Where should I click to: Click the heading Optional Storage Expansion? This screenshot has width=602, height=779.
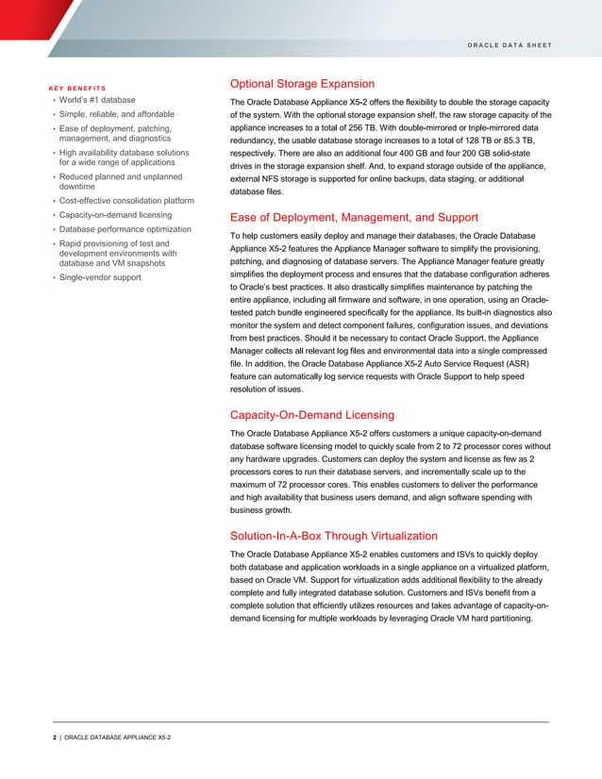coord(302,84)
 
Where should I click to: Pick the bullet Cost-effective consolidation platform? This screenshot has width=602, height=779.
coord(126,201)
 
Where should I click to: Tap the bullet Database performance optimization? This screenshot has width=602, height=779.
coord(124,229)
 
